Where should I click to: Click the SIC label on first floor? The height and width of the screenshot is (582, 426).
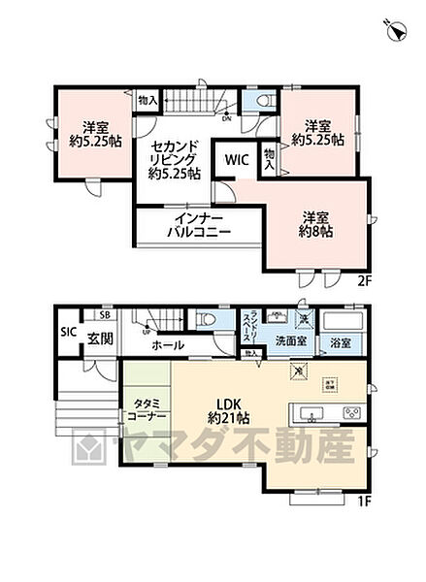[x=67, y=332]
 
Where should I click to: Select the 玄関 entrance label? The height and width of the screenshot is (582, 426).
[x=100, y=339]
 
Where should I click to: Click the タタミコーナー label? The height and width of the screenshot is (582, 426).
[x=146, y=408]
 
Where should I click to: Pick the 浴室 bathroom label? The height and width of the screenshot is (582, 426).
[x=341, y=342]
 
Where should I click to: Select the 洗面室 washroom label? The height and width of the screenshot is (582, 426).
[x=289, y=341]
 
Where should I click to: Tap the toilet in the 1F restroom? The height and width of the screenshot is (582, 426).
[x=206, y=319]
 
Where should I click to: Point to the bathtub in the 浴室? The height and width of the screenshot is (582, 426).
[x=341, y=320]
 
